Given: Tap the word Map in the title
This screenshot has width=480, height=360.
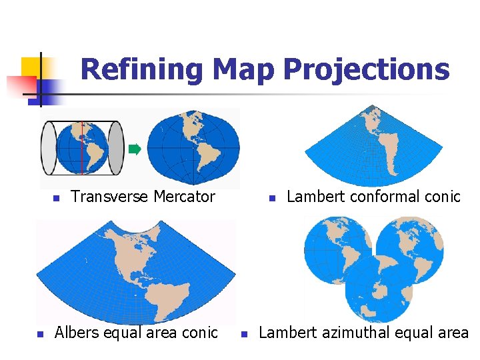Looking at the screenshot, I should (243, 70).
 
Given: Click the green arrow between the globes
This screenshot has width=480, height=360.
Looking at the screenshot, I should (134, 149).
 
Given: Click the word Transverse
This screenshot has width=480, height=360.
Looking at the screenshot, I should (109, 197).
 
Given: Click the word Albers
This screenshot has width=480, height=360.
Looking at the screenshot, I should (78, 333).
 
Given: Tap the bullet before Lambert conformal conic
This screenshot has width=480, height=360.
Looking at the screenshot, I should (272, 199).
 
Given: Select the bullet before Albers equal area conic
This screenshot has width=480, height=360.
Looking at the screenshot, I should (40, 334).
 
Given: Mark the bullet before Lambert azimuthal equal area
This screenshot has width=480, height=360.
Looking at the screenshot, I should (245, 334).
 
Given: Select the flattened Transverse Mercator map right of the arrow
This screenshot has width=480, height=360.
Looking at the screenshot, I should (193, 147).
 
